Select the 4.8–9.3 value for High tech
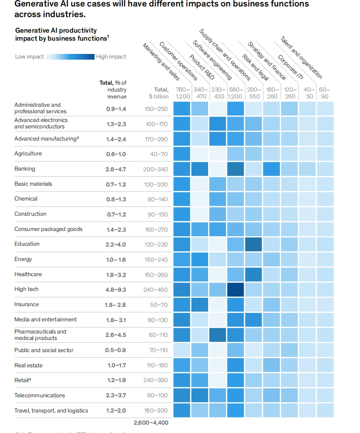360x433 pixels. [116, 289]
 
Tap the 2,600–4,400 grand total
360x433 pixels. [151, 422]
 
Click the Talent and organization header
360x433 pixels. [301, 57]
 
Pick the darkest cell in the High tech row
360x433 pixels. [236, 289]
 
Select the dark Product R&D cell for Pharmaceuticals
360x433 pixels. [218, 335]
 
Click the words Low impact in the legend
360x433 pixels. [29, 57]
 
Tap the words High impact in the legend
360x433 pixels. [111, 57]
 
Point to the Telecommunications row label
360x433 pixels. [40, 395]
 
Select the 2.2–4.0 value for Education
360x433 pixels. [115, 244]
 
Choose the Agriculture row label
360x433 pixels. [28, 153]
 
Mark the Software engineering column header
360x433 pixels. [212, 60]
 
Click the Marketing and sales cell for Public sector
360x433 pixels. [182, 350]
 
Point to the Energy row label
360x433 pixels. [23, 259]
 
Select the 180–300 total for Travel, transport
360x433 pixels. [156, 411]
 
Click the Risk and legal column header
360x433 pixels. [255, 67]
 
